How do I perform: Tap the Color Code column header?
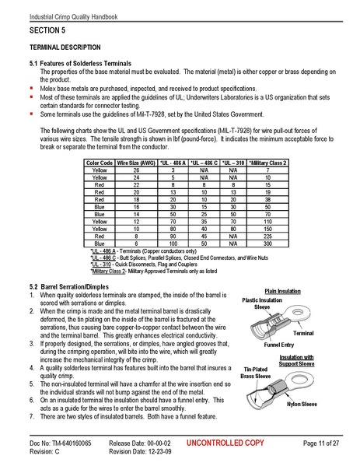[x=99, y=163]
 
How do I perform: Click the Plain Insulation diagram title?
[x=282, y=291]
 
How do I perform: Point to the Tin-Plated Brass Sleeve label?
[x=255, y=372]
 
